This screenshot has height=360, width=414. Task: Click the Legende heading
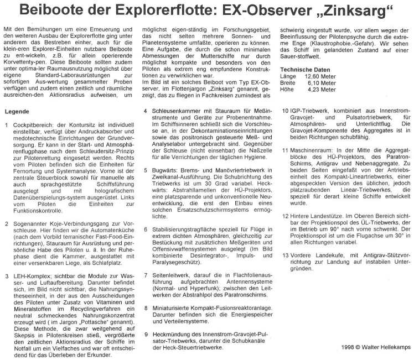pos(17,111)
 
